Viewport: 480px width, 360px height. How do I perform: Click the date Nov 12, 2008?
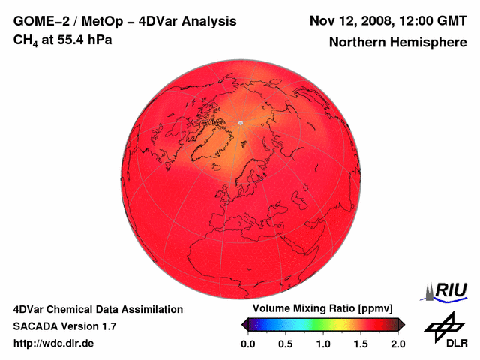(349, 20)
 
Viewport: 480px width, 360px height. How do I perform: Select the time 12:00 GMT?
(430, 20)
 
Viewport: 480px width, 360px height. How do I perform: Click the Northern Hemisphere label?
(397, 43)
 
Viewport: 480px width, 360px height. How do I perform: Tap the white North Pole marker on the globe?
(240, 122)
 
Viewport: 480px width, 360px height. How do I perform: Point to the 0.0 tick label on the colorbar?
(247, 343)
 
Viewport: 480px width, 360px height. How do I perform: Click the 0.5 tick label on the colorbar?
(286, 343)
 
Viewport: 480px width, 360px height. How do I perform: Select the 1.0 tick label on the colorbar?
(323, 343)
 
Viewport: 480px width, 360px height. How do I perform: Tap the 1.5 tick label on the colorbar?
(361, 343)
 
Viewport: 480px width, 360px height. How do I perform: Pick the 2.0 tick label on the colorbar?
(397, 343)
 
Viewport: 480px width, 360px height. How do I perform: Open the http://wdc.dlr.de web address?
(54, 343)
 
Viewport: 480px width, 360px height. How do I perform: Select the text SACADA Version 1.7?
(64, 326)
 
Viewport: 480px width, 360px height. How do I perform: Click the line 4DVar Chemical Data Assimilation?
(97, 309)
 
